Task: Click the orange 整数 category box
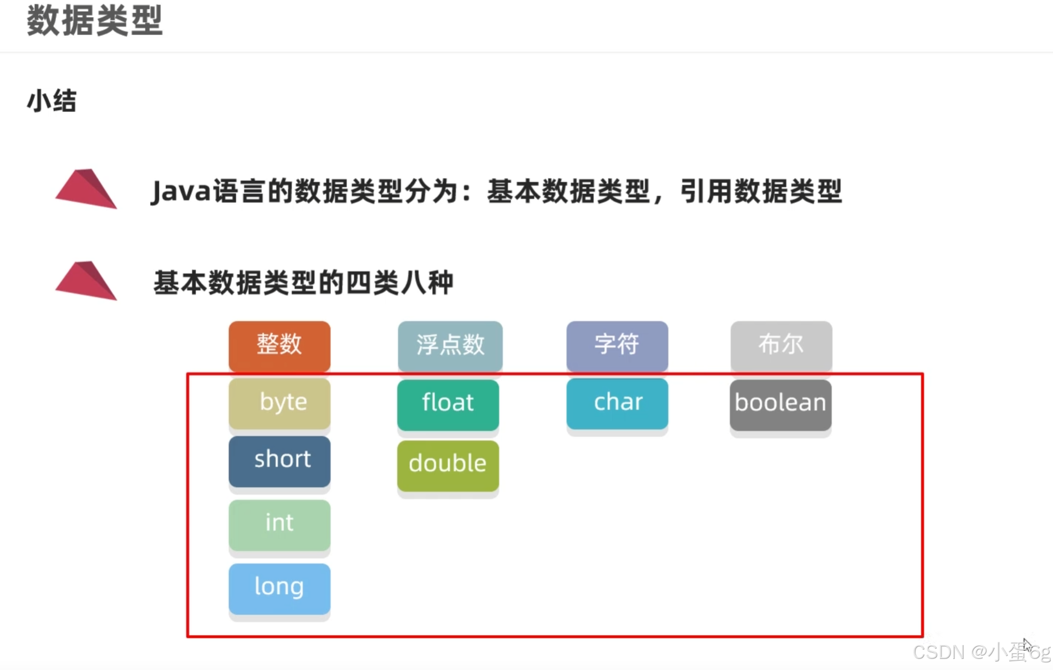pyautogui.click(x=279, y=345)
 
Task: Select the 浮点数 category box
pyautogui.click(x=450, y=345)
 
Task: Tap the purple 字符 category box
pyautogui.click(x=617, y=345)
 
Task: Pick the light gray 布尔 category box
pyautogui.click(x=781, y=345)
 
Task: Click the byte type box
pyautogui.click(x=279, y=403)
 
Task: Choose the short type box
pyautogui.click(x=279, y=461)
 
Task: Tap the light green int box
pyautogui.click(x=279, y=524)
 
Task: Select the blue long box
pyautogui.click(x=279, y=588)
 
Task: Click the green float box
pyautogui.click(x=448, y=404)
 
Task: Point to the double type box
pyautogui.click(x=448, y=465)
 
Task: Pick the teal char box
pyautogui.click(x=617, y=403)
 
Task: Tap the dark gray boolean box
pyautogui.click(x=780, y=404)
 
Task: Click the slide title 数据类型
pyautogui.click(x=95, y=21)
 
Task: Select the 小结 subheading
pyautogui.click(x=52, y=101)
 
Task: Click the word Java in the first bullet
pyautogui.click(x=181, y=192)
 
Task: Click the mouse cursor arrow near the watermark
pyautogui.click(x=1027, y=645)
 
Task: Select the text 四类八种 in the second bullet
pyautogui.click(x=400, y=283)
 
